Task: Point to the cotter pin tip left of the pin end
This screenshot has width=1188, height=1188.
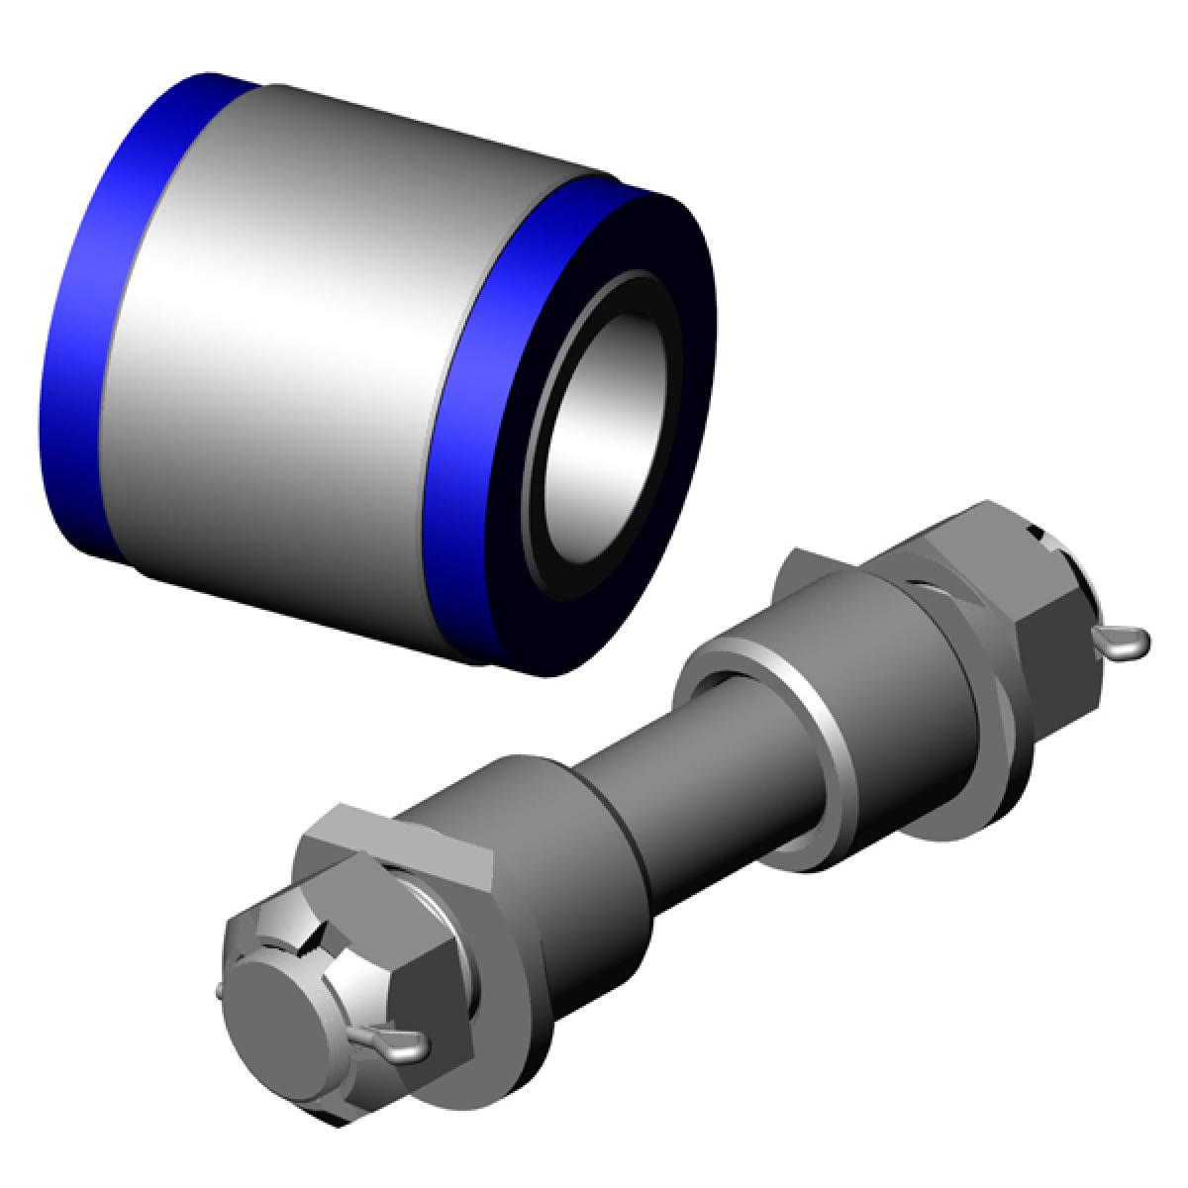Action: click(219, 989)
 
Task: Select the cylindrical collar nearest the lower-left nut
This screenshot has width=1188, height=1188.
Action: click(554, 861)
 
